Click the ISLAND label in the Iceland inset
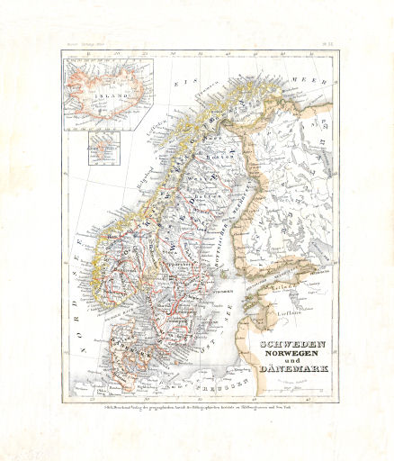[x=108, y=90]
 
